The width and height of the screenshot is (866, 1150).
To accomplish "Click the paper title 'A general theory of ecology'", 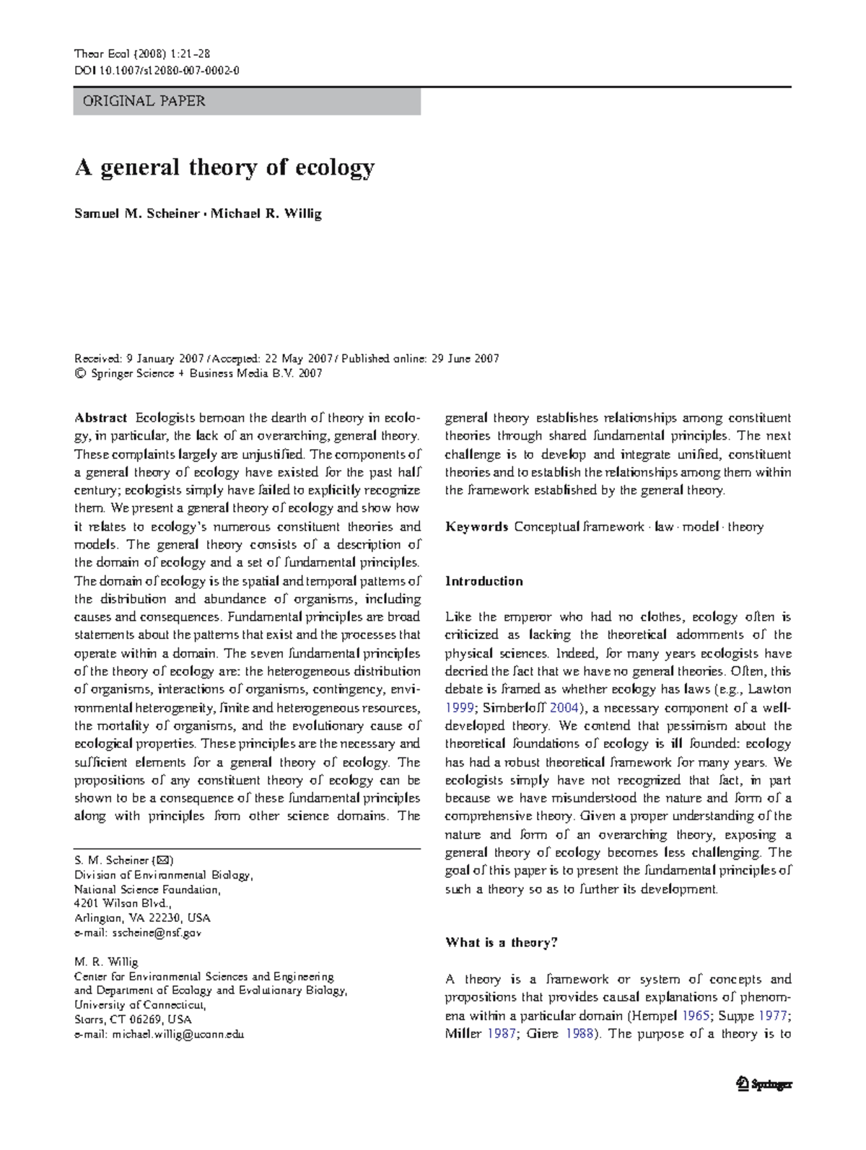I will coord(224,168).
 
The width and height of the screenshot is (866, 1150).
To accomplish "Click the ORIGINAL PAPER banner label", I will coord(144,101).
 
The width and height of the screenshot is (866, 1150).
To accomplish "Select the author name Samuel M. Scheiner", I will coord(136,214).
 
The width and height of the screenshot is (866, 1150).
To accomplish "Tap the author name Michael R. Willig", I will coord(266,214).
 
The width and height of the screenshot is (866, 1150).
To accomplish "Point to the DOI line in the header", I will coord(157,71).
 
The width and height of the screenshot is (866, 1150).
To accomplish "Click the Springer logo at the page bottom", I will coord(764,1084).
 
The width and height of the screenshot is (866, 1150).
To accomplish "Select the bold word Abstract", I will coord(101,418).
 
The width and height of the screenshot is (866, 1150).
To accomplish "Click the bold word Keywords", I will coord(476,527).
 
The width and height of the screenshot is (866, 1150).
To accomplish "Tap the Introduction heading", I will coord(484,581).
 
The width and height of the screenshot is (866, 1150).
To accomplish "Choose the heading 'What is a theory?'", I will coord(501,942).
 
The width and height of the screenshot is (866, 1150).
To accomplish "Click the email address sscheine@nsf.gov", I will coord(157,933).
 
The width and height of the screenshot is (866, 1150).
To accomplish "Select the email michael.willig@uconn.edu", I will coord(178,1034).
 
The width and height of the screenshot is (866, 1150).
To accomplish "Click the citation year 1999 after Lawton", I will coord(460,707).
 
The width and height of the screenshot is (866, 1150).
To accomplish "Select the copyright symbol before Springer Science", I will coord(79,373).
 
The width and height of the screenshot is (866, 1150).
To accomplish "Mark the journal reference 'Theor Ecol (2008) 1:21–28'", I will coord(142,53).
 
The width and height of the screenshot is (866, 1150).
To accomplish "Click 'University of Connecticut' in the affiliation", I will coord(140,1005).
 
